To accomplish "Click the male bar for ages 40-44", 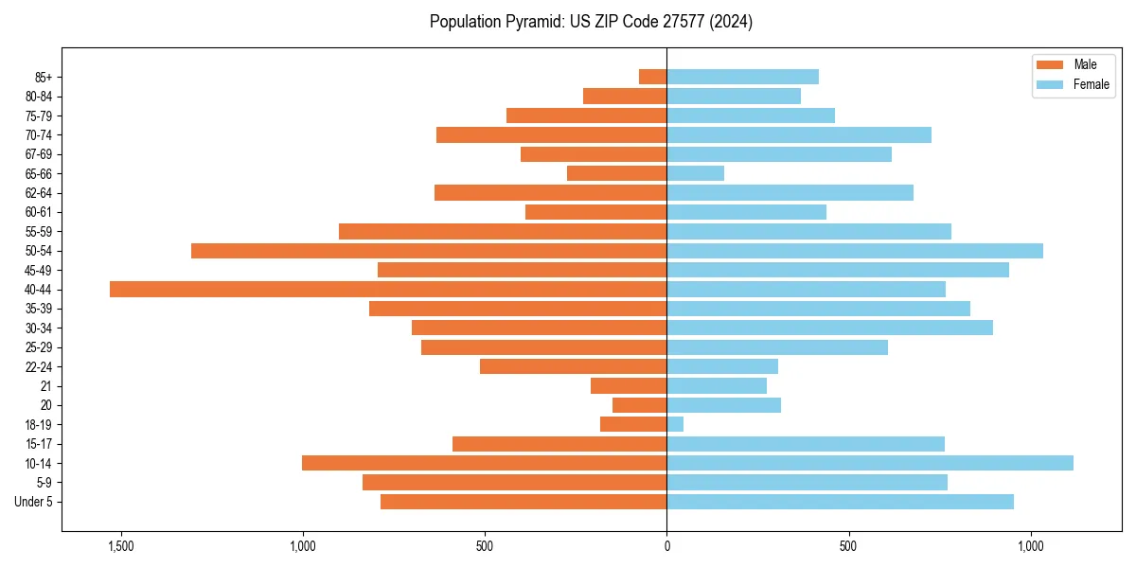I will point(388,289).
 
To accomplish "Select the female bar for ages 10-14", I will point(870,463).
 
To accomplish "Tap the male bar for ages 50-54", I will point(429,251).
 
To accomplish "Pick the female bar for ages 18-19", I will point(675,424).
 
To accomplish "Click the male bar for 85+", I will point(653,77).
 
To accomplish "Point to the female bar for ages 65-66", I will point(696,173).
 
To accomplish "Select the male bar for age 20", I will point(640,405).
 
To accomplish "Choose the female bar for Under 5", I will point(840,502).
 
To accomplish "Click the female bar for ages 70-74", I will point(799,134).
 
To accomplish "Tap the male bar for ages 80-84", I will point(625,96).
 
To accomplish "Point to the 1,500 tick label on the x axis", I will point(121,546).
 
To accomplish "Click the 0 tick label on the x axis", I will point(666,546).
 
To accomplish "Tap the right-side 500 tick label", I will point(848,546).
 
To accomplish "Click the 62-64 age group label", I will point(39,193).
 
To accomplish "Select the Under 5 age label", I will point(34,502).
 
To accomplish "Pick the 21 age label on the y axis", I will point(46,386).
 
